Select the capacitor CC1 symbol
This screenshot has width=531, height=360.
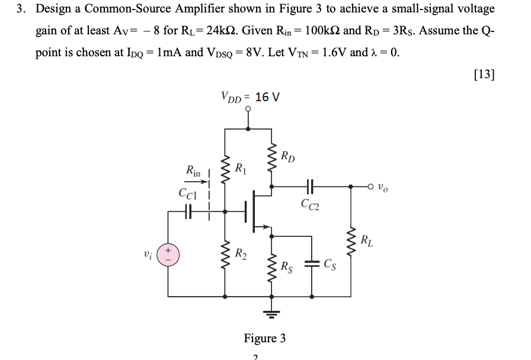(x=188, y=210)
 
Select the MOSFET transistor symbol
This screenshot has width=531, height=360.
(x=257, y=210)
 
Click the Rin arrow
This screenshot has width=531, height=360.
(x=199, y=183)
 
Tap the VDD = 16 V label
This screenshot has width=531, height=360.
(x=249, y=97)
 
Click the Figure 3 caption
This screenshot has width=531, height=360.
(x=264, y=338)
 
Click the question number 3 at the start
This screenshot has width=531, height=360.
(x=20, y=9)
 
